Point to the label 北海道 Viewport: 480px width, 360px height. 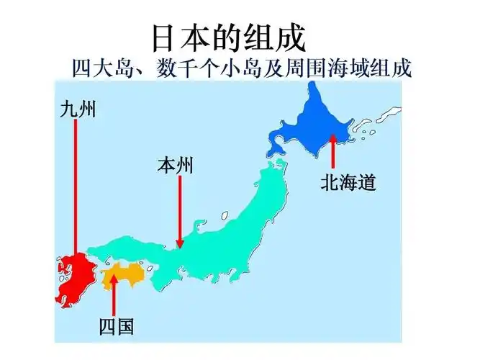(348, 184)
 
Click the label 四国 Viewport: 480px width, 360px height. (116, 326)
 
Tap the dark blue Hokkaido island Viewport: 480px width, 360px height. (317, 122)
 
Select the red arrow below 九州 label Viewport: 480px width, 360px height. (74, 187)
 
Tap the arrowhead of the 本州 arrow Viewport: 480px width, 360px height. (180, 244)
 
